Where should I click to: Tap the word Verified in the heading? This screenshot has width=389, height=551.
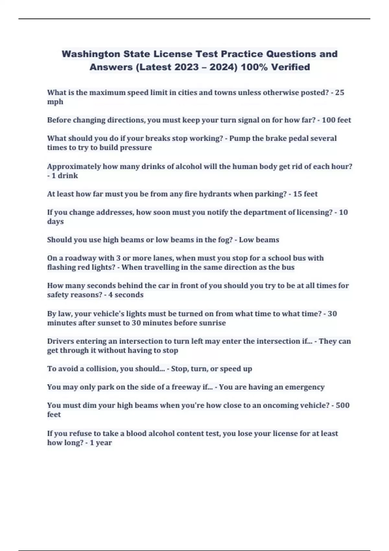pos(290,67)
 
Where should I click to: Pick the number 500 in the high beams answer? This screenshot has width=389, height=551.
pos(343,405)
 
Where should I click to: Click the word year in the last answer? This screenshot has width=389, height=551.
pos(104,443)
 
